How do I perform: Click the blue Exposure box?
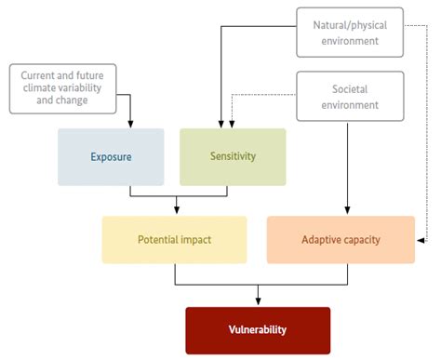(x=111, y=156)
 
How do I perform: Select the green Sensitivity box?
(x=233, y=156)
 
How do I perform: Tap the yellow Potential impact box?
(x=174, y=240)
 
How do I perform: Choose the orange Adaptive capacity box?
(x=341, y=240)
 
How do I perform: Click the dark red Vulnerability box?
(x=258, y=330)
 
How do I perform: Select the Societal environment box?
(x=351, y=96)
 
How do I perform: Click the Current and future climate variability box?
(x=62, y=88)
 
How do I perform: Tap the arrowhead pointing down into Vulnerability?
(x=258, y=300)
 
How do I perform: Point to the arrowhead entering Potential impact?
(x=177, y=210)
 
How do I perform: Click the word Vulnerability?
(x=258, y=330)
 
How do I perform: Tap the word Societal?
(x=350, y=89)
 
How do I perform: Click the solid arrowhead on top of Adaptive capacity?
(x=347, y=210)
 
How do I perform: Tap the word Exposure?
(x=111, y=156)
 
